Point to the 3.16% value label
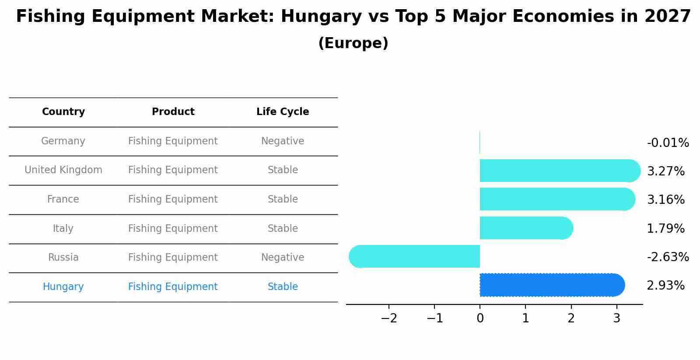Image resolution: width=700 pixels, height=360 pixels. (665, 200)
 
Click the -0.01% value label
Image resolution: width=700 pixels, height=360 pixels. (668, 143)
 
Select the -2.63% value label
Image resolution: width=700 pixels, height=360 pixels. (668, 257)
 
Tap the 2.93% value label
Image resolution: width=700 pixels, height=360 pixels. (665, 286)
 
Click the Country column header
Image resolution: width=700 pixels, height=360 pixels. (63, 112)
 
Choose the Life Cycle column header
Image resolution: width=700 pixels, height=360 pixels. (283, 112)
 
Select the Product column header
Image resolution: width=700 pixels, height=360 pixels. (173, 112)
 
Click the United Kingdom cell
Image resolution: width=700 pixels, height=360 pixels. (63, 170)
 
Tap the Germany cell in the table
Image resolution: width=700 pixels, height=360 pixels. (63, 141)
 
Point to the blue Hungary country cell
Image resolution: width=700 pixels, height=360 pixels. (63, 287)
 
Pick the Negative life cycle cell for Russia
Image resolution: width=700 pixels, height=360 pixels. (283, 258)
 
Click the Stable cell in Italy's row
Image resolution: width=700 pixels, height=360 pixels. (283, 229)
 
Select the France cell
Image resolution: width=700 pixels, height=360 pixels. (63, 199)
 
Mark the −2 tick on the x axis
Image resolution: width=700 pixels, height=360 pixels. (389, 318)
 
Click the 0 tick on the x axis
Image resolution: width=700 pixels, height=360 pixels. (480, 318)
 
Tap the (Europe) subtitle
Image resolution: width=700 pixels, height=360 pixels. (353, 43)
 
